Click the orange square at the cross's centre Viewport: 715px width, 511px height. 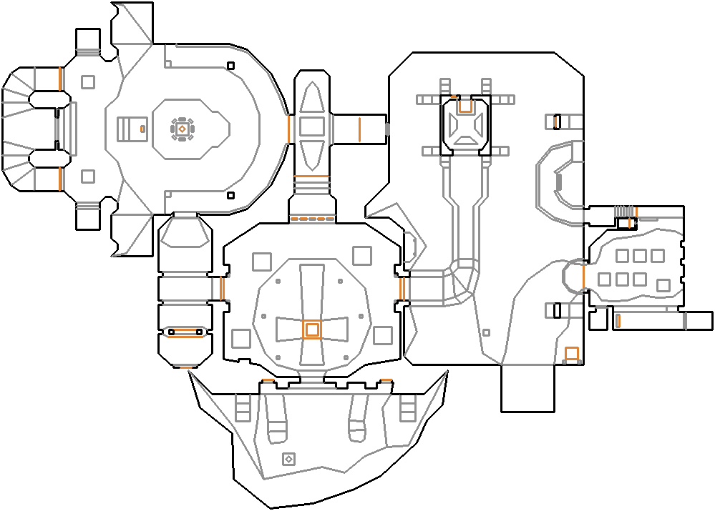pyautogui.click(x=311, y=329)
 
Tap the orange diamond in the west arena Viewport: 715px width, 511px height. pyautogui.click(x=182, y=129)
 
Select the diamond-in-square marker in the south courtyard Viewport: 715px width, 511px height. pyautogui.click(x=288, y=459)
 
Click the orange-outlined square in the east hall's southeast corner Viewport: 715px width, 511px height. pyautogui.click(x=571, y=353)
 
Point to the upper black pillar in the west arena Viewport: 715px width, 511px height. pyautogui.click(x=230, y=66)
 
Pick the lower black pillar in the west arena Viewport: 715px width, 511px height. pyautogui.click(x=230, y=195)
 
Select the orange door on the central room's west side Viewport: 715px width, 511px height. pyautogui.click(x=222, y=289)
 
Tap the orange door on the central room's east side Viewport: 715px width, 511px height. pyautogui.click(x=402, y=289)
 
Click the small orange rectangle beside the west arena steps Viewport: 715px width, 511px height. pyautogui.click(x=142, y=129)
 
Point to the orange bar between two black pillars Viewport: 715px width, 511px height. pyautogui.click(x=185, y=331)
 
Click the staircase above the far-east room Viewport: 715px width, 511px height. pyautogui.click(x=624, y=211)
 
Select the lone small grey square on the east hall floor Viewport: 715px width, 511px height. pyautogui.click(x=486, y=332)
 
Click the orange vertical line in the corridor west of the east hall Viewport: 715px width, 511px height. pyautogui.click(x=359, y=129)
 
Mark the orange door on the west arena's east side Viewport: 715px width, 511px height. pyautogui.click(x=289, y=129)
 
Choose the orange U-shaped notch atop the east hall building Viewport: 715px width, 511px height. pyautogui.click(x=464, y=106)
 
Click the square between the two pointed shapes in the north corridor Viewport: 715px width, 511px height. pyautogui.click(x=312, y=126)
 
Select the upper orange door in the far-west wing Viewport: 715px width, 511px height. pyautogui.click(x=60, y=78)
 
